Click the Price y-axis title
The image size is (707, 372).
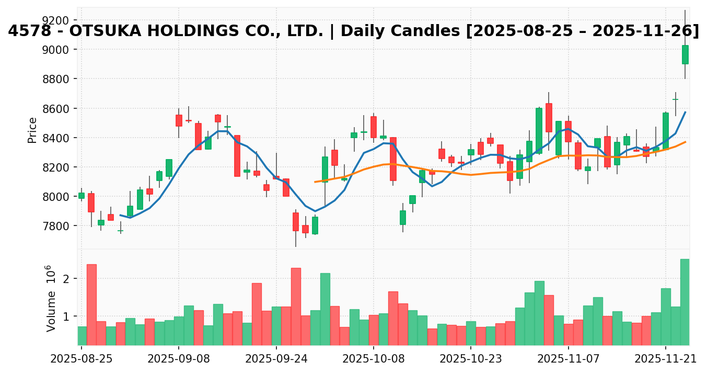click(32, 130)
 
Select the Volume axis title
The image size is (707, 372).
click(50, 298)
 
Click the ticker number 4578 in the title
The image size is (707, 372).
click(29, 31)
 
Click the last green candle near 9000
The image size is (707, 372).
click(685, 55)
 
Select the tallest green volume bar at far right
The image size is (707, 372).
click(685, 302)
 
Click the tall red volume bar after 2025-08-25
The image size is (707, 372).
click(91, 305)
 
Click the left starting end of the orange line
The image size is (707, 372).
click(315, 182)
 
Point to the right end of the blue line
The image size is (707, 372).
click(685, 112)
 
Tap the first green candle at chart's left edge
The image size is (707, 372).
click(82, 196)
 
